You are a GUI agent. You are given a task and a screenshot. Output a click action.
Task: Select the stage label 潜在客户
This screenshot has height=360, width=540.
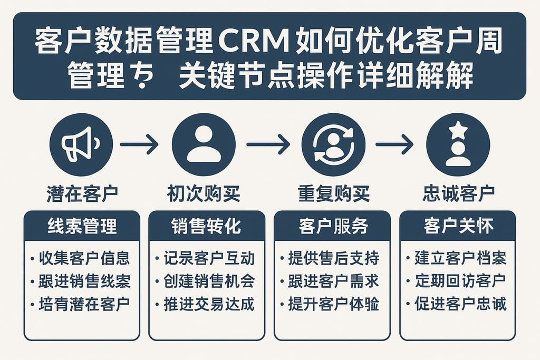tap(82, 193)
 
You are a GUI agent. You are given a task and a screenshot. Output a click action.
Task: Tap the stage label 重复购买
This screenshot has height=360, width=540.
tap(333, 193)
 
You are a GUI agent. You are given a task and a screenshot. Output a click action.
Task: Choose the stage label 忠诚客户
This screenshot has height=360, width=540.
tap(458, 193)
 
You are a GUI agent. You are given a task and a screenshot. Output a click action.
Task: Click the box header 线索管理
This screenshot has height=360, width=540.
tap(82, 226)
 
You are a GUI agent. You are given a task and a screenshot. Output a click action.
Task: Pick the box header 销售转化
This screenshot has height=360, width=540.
tap(206, 226)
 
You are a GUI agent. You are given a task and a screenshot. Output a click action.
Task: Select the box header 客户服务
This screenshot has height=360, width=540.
tap(332, 226)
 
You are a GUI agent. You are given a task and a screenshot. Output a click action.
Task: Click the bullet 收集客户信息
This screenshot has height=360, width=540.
tap(83, 258)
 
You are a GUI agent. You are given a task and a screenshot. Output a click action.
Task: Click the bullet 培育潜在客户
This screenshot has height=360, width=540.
tap(83, 305)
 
